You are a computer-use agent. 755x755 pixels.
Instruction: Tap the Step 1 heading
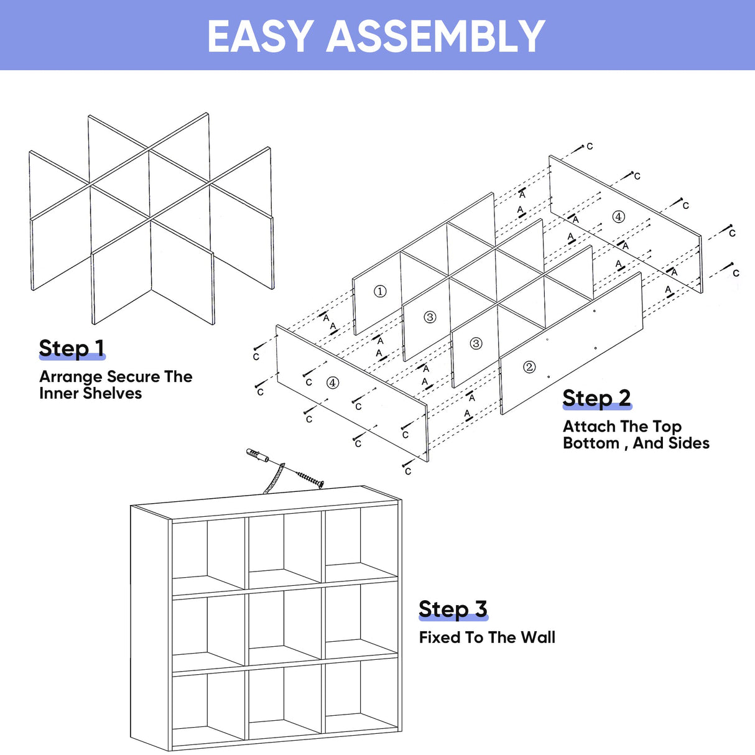72,348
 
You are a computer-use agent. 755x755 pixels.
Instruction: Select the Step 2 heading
596,398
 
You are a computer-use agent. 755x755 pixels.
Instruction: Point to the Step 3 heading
453,609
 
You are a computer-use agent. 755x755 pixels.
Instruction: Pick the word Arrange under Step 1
70,377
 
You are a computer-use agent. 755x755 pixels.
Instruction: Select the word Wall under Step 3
537,637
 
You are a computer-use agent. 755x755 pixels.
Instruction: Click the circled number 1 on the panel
380,291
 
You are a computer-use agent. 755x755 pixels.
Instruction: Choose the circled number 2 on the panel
529,367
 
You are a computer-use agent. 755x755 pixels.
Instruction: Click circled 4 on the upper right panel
618,216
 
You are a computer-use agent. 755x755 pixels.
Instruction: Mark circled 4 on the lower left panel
333,382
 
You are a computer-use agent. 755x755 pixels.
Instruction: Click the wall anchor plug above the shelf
257,456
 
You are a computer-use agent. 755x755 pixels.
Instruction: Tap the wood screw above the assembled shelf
310,479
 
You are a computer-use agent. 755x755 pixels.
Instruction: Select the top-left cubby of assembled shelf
208,550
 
